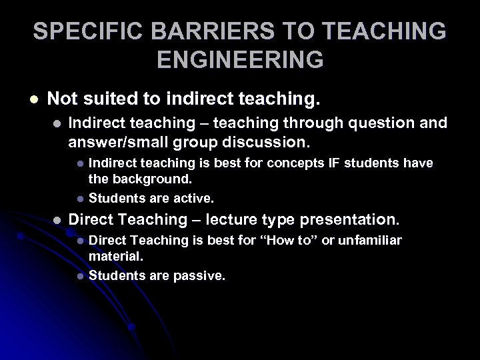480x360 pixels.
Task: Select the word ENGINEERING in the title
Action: (x=240, y=60)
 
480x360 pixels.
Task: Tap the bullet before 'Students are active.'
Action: (x=80, y=199)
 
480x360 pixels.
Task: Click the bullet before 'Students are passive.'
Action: (x=80, y=275)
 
